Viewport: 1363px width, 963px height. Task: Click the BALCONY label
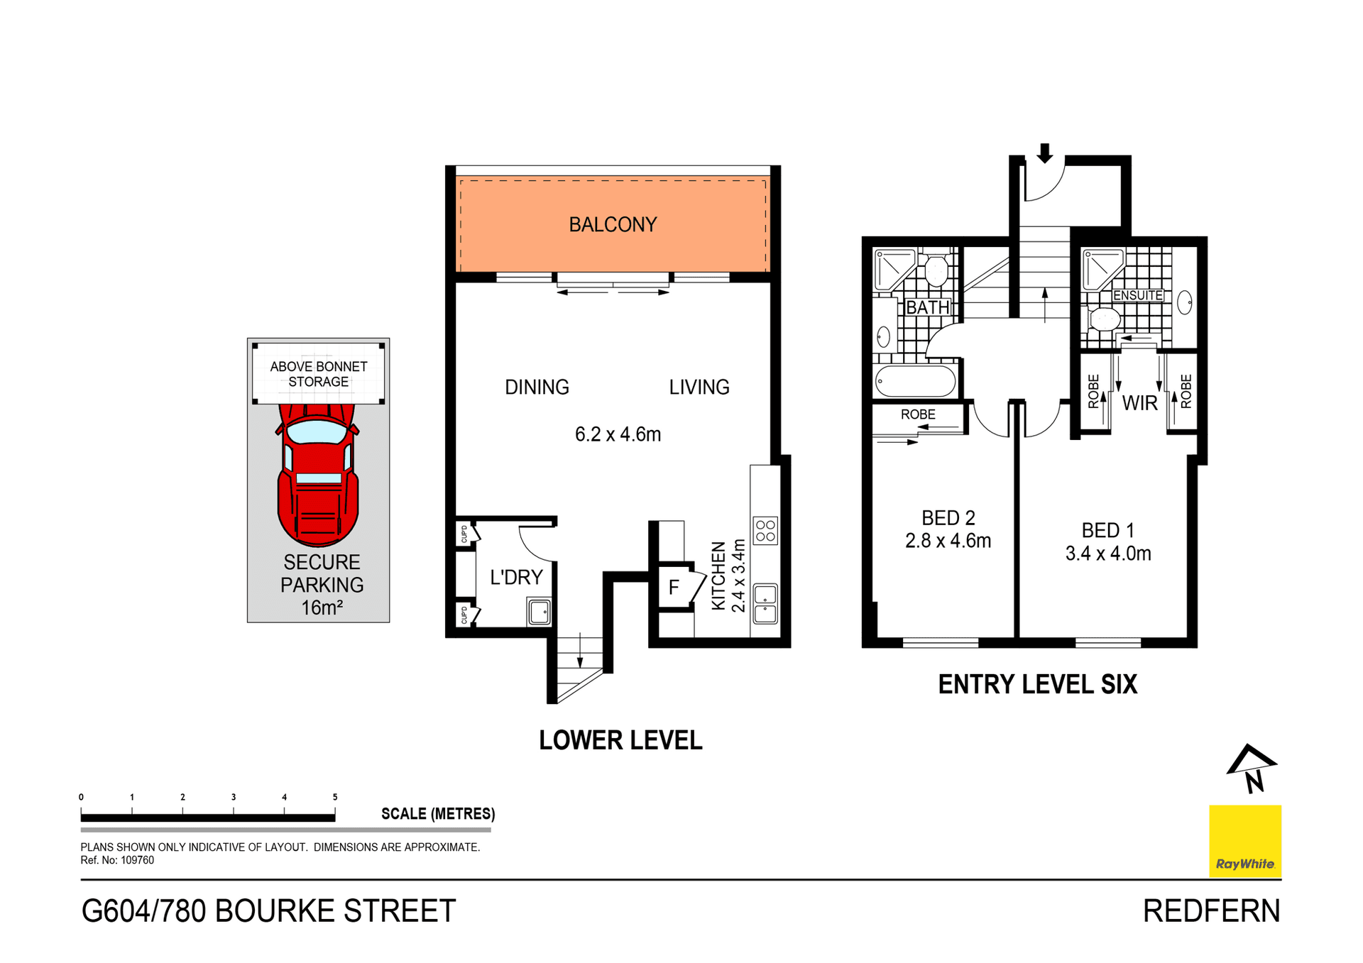[613, 224]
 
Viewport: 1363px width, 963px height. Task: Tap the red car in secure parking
[318, 475]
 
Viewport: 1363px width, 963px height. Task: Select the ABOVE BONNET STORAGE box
[318, 374]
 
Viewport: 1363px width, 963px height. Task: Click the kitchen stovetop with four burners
[765, 531]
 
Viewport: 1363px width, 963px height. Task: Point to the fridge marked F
[674, 587]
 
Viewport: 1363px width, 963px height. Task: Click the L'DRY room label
[516, 577]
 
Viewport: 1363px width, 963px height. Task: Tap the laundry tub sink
[540, 612]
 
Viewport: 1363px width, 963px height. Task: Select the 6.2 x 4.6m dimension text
[618, 434]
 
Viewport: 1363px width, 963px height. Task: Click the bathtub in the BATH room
[915, 382]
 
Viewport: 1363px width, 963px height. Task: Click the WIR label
[1139, 403]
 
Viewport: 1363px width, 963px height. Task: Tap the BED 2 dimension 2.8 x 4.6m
[948, 541]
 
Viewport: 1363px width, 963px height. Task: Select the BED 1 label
[1107, 530]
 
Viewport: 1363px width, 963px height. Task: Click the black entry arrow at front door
[1044, 153]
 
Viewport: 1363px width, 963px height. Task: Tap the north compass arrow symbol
[1252, 768]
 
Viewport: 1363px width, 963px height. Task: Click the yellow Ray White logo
[1245, 841]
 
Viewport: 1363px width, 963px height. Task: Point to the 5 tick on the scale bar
[335, 798]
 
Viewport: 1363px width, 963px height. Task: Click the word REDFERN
[1211, 911]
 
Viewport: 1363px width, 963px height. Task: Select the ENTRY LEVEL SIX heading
[1037, 684]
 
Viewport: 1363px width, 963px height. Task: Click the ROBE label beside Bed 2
[918, 414]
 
